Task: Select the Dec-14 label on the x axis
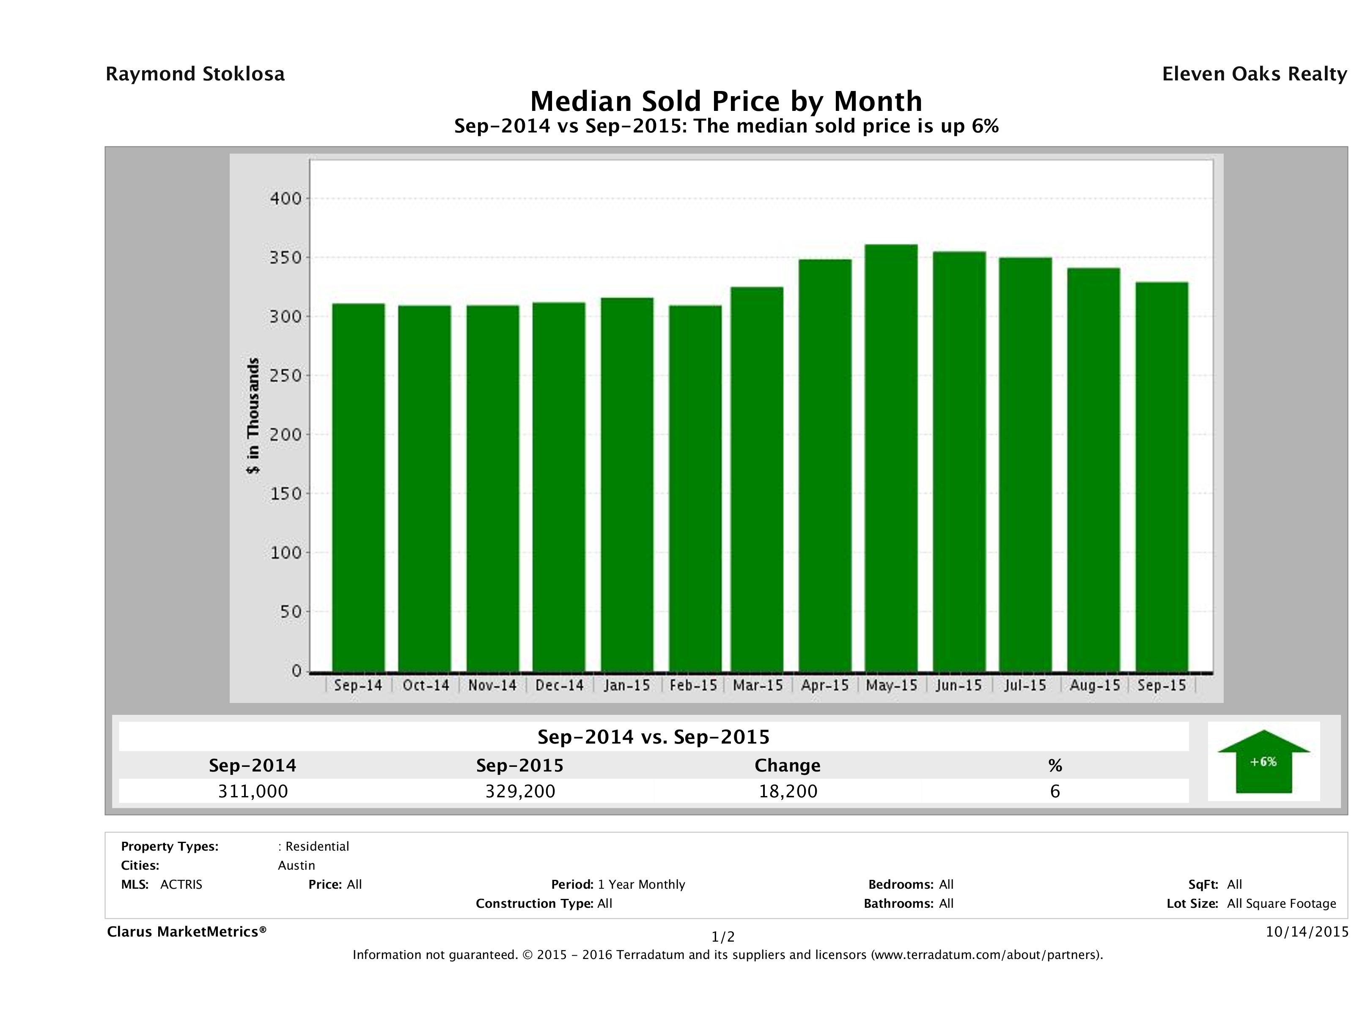click(x=559, y=685)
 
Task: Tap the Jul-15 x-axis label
click(x=1025, y=685)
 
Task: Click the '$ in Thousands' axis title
click(x=253, y=416)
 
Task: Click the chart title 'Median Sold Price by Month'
click(x=726, y=101)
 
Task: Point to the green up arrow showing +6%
click(x=1263, y=761)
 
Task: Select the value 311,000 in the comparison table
click(x=253, y=791)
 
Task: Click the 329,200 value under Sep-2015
click(x=520, y=791)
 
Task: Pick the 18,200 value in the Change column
click(x=788, y=791)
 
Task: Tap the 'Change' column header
click(x=788, y=766)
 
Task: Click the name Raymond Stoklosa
click(x=195, y=74)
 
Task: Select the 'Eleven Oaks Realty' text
click(x=1254, y=74)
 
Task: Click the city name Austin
click(x=296, y=865)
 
